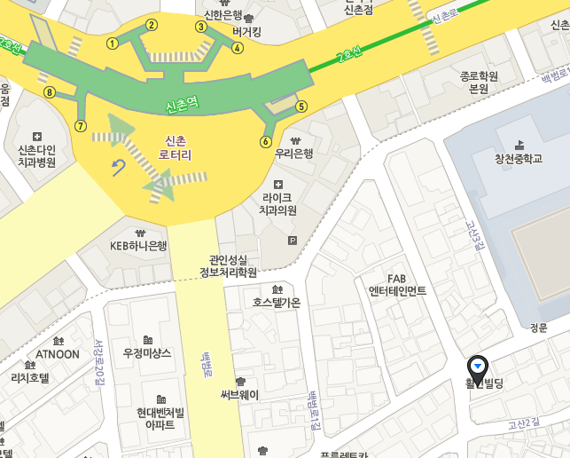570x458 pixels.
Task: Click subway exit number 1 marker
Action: pyautogui.click(x=113, y=43)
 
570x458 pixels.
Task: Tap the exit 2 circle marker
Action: pyautogui.click(x=152, y=25)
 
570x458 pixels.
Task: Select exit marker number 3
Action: pyautogui.click(x=201, y=27)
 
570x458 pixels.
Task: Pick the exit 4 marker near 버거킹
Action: pyautogui.click(x=238, y=48)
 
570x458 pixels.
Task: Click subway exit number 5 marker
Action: pyautogui.click(x=301, y=107)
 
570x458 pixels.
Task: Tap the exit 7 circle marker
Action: pyautogui.click(x=81, y=126)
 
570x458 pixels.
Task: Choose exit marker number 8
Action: pyautogui.click(x=50, y=92)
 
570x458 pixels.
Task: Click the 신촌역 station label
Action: pyautogui.click(x=183, y=107)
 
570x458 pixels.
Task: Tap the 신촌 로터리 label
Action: pyautogui.click(x=176, y=147)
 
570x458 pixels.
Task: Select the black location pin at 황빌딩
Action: pyautogui.click(x=478, y=365)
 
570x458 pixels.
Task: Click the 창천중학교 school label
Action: pyautogui.click(x=519, y=158)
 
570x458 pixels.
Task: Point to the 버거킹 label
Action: pyautogui.click(x=246, y=32)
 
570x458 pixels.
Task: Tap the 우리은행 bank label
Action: pyautogui.click(x=294, y=153)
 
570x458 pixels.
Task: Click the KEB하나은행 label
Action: pyautogui.click(x=138, y=246)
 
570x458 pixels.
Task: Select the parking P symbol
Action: pyautogui.click(x=293, y=240)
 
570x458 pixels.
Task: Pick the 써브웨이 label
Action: pyautogui.click(x=239, y=395)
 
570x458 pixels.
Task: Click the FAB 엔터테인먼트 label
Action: pyautogui.click(x=396, y=285)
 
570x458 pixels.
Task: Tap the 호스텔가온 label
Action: pyautogui.click(x=277, y=303)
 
